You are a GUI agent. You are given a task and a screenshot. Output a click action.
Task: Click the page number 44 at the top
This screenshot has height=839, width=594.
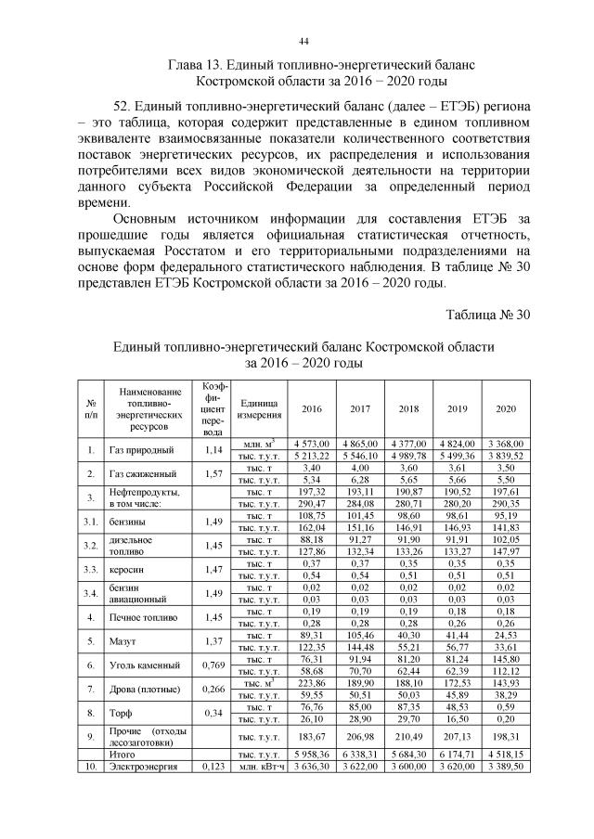[303, 42]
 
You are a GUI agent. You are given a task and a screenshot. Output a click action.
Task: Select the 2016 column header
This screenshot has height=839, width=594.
[311, 409]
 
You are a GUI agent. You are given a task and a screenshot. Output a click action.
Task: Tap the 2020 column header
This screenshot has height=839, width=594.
[506, 409]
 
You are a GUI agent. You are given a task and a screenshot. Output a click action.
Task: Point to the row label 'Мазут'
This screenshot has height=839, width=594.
[122, 640]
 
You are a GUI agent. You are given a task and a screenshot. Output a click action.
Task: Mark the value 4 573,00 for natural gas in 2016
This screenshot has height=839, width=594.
[311, 445]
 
